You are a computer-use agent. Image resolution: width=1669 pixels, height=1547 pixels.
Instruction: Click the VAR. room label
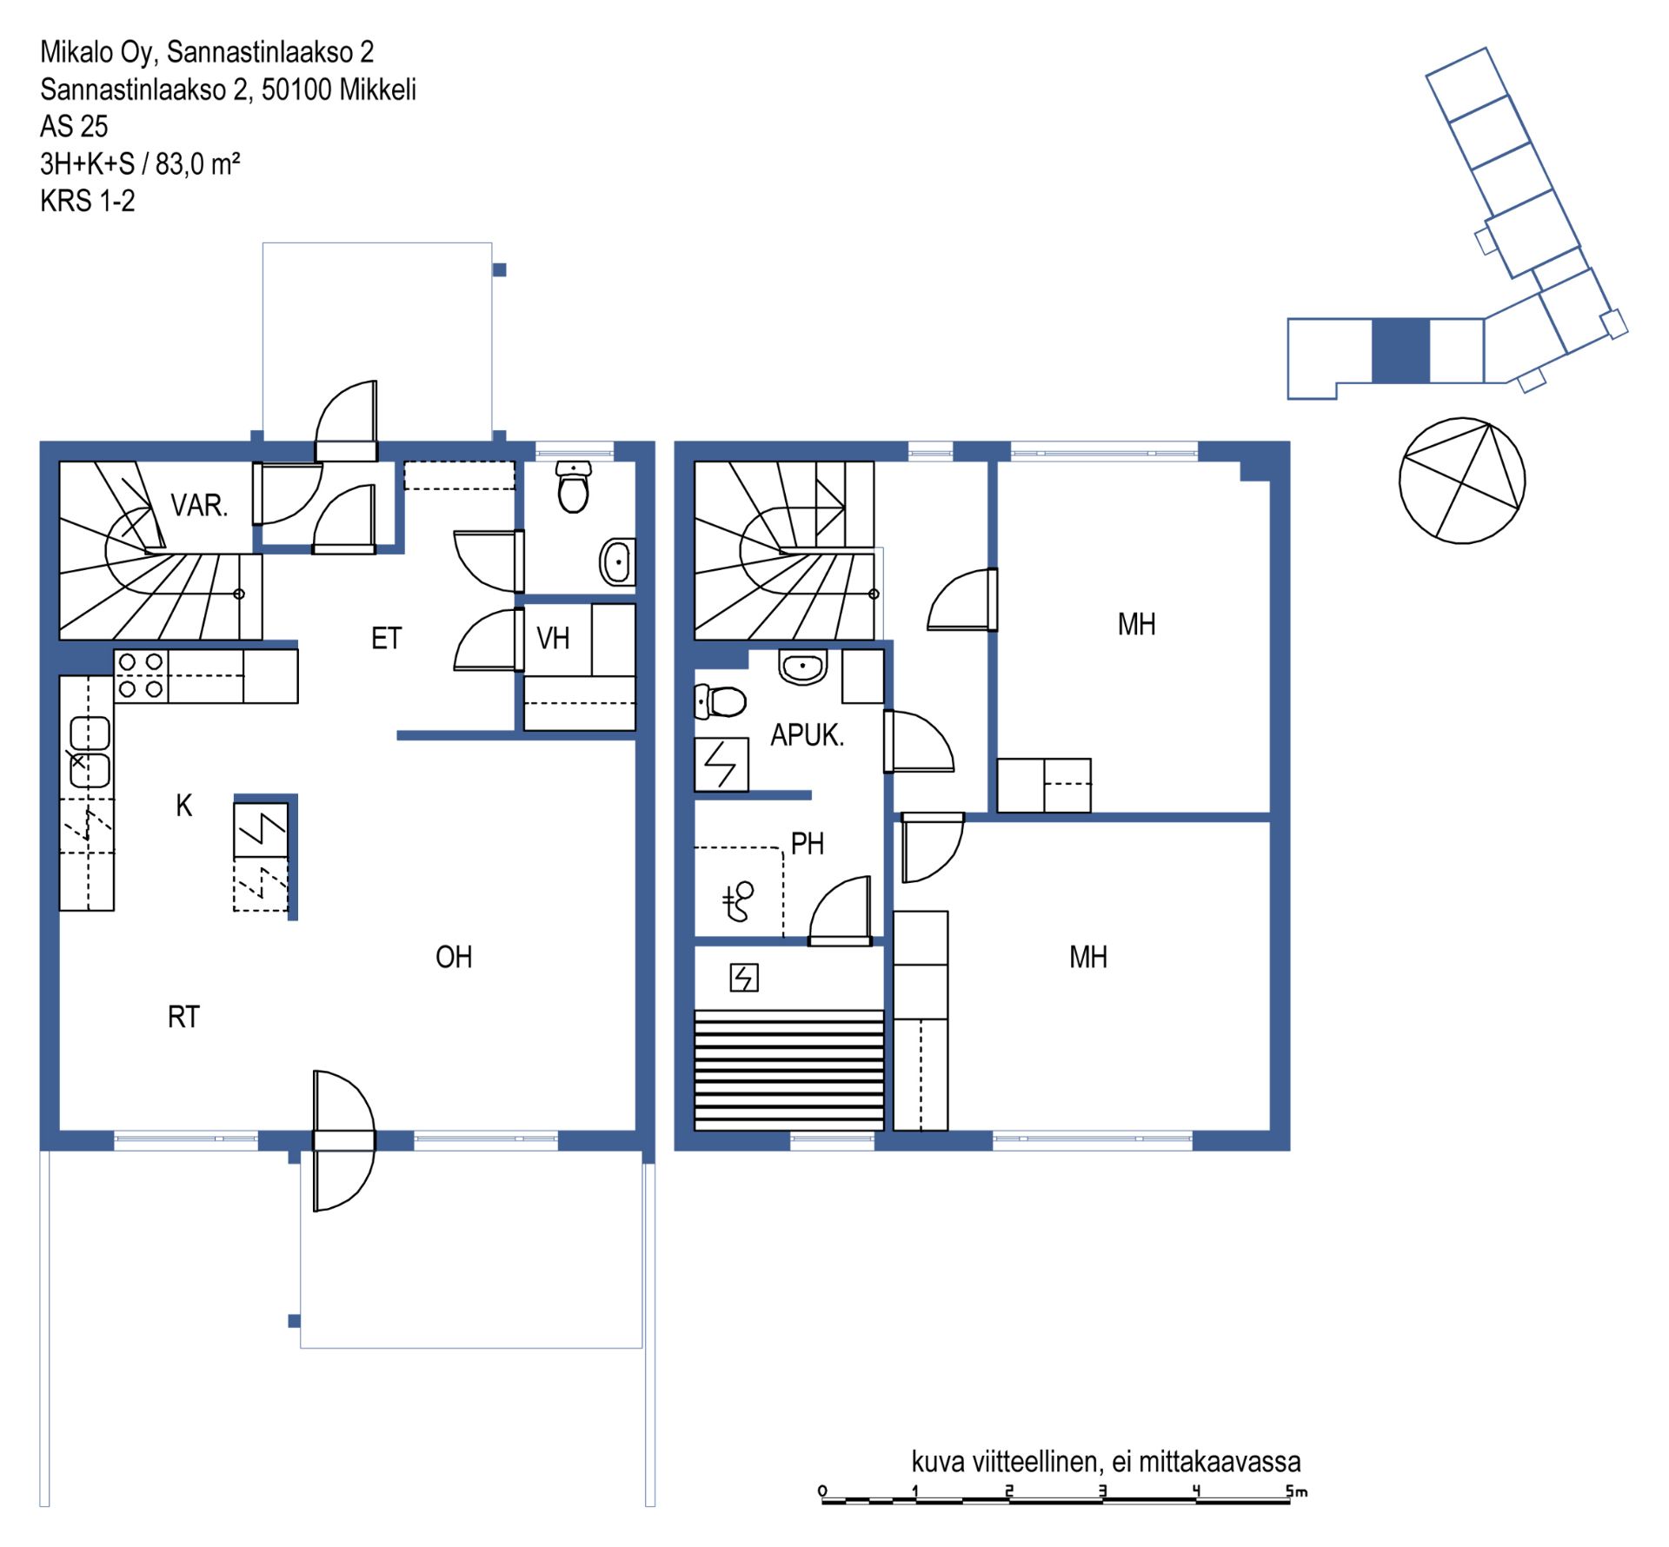[199, 505]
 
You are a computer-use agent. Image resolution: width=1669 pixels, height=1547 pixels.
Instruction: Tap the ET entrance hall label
[386, 639]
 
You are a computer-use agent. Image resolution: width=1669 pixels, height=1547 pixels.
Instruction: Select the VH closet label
[553, 639]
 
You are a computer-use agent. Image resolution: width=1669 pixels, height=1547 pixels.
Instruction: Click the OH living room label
[454, 957]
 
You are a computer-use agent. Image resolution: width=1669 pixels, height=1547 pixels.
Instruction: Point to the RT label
[183, 1017]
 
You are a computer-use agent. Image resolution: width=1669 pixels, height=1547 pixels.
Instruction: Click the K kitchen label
[183, 806]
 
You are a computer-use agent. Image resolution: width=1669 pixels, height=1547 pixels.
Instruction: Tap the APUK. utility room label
[807, 735]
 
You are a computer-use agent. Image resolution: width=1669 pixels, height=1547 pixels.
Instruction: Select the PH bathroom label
[807, 843]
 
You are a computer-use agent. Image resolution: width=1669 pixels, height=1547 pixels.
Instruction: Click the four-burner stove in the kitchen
[141, 675]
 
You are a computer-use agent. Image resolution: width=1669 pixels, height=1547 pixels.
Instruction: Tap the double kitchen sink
[90, 752]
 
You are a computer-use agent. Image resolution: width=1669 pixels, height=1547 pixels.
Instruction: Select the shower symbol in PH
[739, 901]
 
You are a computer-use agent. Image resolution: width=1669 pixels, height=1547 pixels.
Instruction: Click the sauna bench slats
[788, 1070]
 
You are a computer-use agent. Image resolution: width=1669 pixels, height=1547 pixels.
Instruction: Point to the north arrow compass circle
[1462, 481]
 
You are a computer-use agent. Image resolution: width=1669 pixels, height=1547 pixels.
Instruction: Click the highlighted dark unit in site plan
[1400, 351]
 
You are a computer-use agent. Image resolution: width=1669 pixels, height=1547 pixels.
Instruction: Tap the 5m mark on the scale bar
[1296, 1491]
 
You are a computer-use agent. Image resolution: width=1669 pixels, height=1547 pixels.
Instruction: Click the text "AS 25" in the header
[74, 127]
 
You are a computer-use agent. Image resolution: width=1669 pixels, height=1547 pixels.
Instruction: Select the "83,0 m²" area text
[198, 163]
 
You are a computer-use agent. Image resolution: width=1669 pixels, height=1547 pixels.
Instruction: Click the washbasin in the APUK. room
[803, 667]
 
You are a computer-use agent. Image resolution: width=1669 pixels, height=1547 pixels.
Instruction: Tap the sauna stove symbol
[743, 978]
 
